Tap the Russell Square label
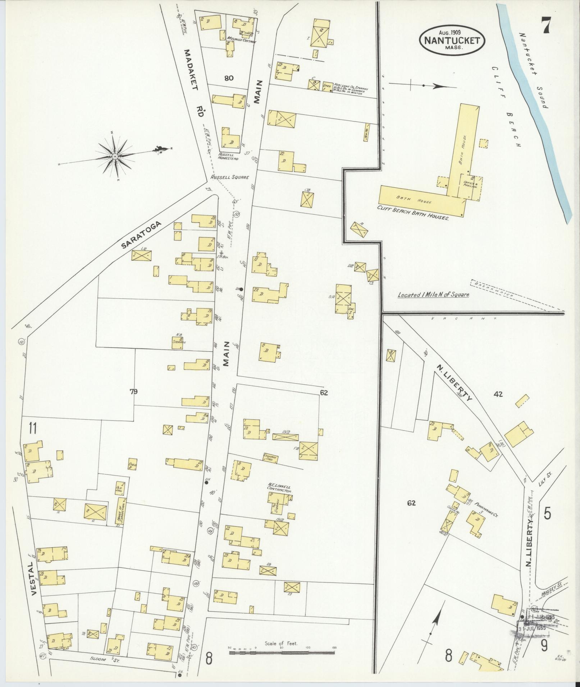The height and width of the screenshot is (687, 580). [x=229, y=177]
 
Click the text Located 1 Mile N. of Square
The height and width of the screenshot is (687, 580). [x=433, y=295]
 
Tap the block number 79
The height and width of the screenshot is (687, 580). [x=134, y=391]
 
